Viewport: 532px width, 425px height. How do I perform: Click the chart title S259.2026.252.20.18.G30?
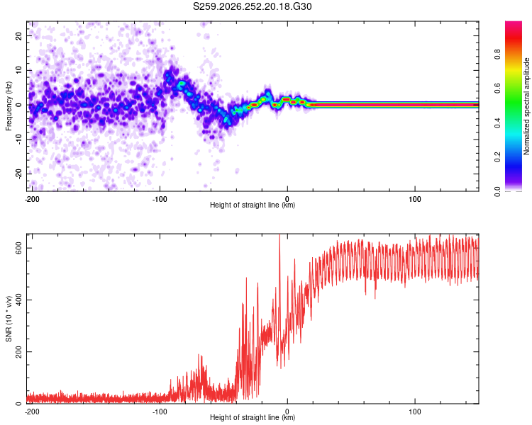pyautogui.click(x=252, y=6)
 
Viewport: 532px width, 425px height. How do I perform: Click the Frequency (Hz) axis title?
pyautogui.click(x=9, y=106)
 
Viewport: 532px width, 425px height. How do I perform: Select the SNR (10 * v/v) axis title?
pyautogui.click(x=9, y=319)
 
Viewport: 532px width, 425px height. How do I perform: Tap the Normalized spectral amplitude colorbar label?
pyautogui.click(x=526, y=106)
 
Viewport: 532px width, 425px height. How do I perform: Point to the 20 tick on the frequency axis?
pyautogui.click(x=18, y=36)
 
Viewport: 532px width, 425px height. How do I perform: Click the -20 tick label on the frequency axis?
pyautogui.click(x=18, y=174)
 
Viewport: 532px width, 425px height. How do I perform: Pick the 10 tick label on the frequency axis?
pyautogui.click(x=18, y=71)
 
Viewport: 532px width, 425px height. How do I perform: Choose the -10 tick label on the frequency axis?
pyautogui.click(x=18, y=140)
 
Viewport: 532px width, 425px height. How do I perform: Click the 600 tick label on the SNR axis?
pyautogui.click(x=18, y=248)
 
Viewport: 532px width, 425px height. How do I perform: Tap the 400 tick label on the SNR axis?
pyautogui.click(x=18, y=300)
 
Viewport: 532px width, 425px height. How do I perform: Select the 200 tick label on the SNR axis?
pyautogui.click(x=18, y=352)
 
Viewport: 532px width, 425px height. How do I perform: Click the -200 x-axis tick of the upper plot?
pyautogui.click(x=32, y=199)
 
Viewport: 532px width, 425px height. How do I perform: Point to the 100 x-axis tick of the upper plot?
pyautogui.click(x=415, y=199)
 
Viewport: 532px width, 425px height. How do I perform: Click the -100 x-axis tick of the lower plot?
pyautogui.click(x=160, y=412)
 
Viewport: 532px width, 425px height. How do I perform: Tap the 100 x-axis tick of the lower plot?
pyautogui.click(x=415, y=412)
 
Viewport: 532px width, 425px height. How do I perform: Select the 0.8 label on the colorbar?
pyautogui.click(x=498, y=55)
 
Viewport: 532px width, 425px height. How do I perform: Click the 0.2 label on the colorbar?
pyautogui.click(x=498, y=157)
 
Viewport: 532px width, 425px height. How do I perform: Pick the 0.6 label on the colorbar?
pyautogui.click(x=498, y=89)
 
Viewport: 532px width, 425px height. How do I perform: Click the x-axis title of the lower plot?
pyautogui.click(x=253, y=417)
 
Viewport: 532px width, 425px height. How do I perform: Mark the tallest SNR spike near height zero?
pyautogui.click(x=279, y=235)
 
